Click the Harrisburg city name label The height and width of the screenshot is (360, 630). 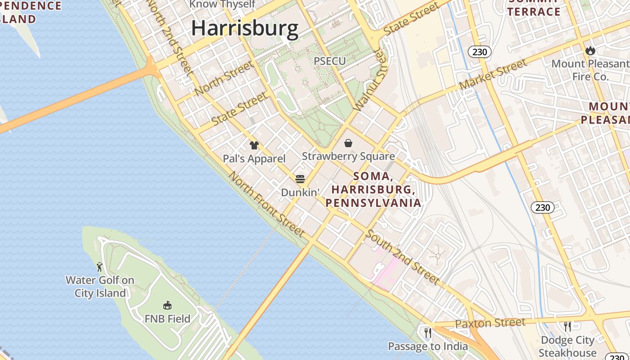(x=245, y=28)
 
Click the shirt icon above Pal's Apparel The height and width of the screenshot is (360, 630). (x=254, y=145)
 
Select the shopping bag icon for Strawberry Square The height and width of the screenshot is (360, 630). (x=348, y=144)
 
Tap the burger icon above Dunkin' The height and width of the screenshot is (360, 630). (x=300, y=179)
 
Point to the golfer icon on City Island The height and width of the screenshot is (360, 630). (x=99, y=267)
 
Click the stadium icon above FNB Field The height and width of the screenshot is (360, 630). (x=167, y=306)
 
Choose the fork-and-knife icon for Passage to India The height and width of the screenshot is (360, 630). (x=428, y=333)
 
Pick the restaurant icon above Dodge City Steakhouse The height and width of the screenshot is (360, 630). (x=567, y=326)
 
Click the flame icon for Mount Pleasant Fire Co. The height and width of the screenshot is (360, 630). (x=590, y=50)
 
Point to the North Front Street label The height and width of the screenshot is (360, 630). (x=267, y=204)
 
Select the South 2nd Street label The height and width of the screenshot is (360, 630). (x=402, y=257)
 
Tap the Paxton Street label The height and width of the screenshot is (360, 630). (x=490, y=323)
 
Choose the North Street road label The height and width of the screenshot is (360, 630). (x=224, y=78)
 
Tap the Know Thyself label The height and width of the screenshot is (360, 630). (x=222, y=4)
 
